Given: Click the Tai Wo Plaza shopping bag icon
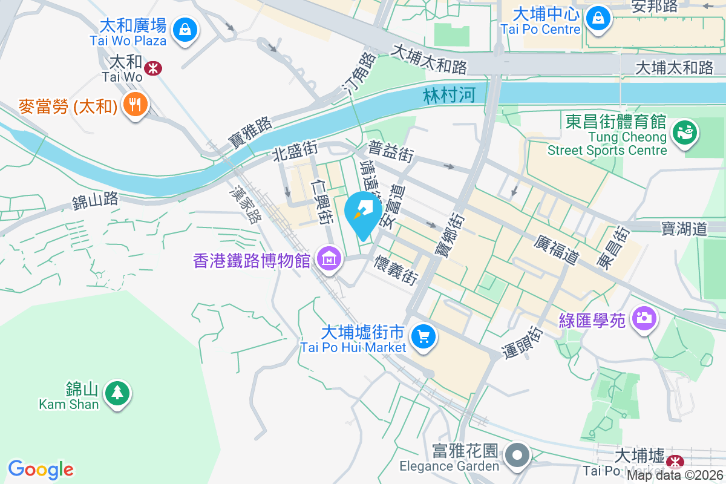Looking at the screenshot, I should [x=183, y=28].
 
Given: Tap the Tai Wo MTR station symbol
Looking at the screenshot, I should [x=154, y=68].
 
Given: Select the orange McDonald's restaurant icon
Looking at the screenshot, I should [x=135, y=105].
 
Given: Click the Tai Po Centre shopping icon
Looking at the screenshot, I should [x=598, y=18].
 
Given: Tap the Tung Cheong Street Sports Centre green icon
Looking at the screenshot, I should [x=685, y=132].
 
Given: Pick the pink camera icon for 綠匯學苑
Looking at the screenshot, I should [x=644, y=318].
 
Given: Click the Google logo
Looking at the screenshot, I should [x=41, y=469].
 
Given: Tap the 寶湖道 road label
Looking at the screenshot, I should [x=684, y=229].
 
